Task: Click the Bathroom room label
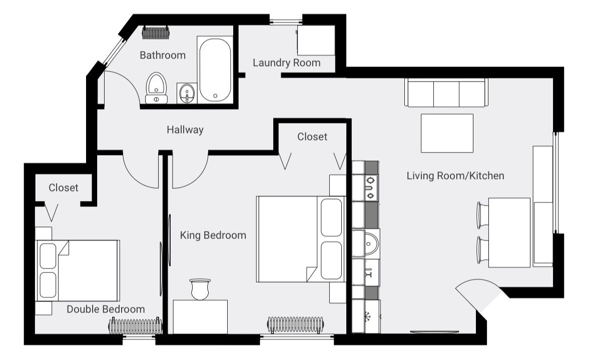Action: pyautogui.click(x=163, y=55)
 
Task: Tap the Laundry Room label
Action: pyautogui.click(x=287, y=63)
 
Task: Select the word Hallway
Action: pyautogui.click(x=185, y=130)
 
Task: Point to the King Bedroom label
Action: pyautogui.click(x=213, y=235)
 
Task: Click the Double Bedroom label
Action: pyautogui.click(x=106, y=309)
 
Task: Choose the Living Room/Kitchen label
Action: pyautogui.click(x=455, y=175)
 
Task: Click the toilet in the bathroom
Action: pyautogui.click(x=156, y=88)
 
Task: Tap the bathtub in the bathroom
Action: pyautogui.click(x=215, y=69)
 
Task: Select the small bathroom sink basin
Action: pyautogui.click(x=187, y=93)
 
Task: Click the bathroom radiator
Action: pyautogui.click(x=156, y=32)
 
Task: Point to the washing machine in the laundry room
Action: pyautogui.click(x=316, y=40)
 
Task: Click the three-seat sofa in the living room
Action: pyautogui.click(x=446, y=93)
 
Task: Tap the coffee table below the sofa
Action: pyautogui.click(x=447, y=133)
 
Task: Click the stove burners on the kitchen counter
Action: pyautogui.click(x=371, y=187)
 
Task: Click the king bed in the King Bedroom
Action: pyautogui.click(x=301, y=239)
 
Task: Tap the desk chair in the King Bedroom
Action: pyautogui.click(x=200, y=289)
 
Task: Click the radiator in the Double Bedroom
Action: pyautogui.click(x=136, y=326)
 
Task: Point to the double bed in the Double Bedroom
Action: pyautogui.click(x=78, y=270)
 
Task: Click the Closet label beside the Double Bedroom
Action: pyautogui.click(x=64, y=187)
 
